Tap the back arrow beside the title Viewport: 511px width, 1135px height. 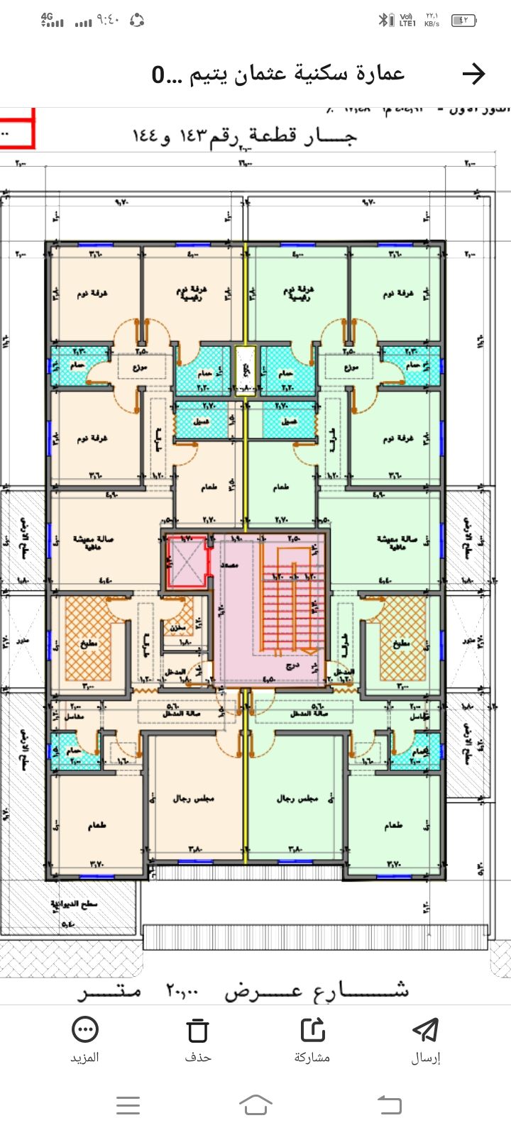click(x=473, y=73)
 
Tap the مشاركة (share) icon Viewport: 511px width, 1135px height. click(x=312, y=1030)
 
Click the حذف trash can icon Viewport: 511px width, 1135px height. click(x=198, y=1030)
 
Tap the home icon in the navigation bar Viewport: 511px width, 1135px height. click(x=255, y=1104)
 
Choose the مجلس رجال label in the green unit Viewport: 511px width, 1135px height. click(x=295, y=799)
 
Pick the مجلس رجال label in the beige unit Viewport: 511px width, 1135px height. click(x=192, y=799)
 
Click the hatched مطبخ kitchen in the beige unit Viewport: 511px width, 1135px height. click(x=88, y=642)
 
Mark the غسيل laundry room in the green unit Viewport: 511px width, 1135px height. click(x=288, y=421)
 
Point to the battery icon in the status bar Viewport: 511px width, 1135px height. click(x=464, y=21)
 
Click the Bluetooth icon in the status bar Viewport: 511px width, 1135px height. click(x=384, y=21)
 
